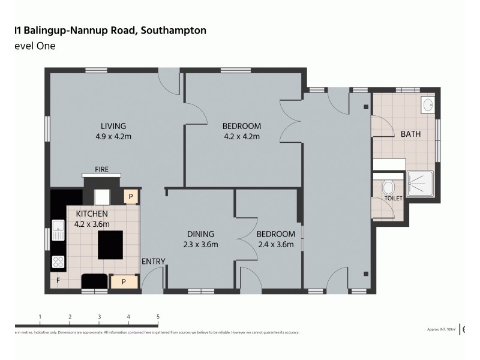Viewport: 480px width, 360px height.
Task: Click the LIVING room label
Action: (113, 126)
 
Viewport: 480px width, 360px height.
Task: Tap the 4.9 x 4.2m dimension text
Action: (113, 137)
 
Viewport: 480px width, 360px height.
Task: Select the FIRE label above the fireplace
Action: (101, 170)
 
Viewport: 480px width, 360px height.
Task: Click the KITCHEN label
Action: (91, 214)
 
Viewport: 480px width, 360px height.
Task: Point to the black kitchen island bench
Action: (110, 244)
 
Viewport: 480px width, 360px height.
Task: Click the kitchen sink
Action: (58, 227)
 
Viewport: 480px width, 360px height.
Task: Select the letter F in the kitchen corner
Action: (58, 280)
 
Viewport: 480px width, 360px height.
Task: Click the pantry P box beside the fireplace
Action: (130, 197)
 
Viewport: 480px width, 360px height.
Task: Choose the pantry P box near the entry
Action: (124, 280)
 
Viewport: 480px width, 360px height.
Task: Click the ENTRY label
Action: (153, 260)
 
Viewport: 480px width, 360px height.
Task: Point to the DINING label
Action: (200, 234)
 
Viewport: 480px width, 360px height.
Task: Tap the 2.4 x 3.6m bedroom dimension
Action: (275, 244)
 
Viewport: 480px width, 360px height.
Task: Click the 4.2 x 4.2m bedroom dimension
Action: (241, 137)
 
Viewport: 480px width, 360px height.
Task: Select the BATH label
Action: (410, 134)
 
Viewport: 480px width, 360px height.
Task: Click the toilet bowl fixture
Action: (388, 187)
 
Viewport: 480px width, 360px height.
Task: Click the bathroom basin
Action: (428, 105)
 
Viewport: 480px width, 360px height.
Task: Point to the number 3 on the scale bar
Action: (99, 317)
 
